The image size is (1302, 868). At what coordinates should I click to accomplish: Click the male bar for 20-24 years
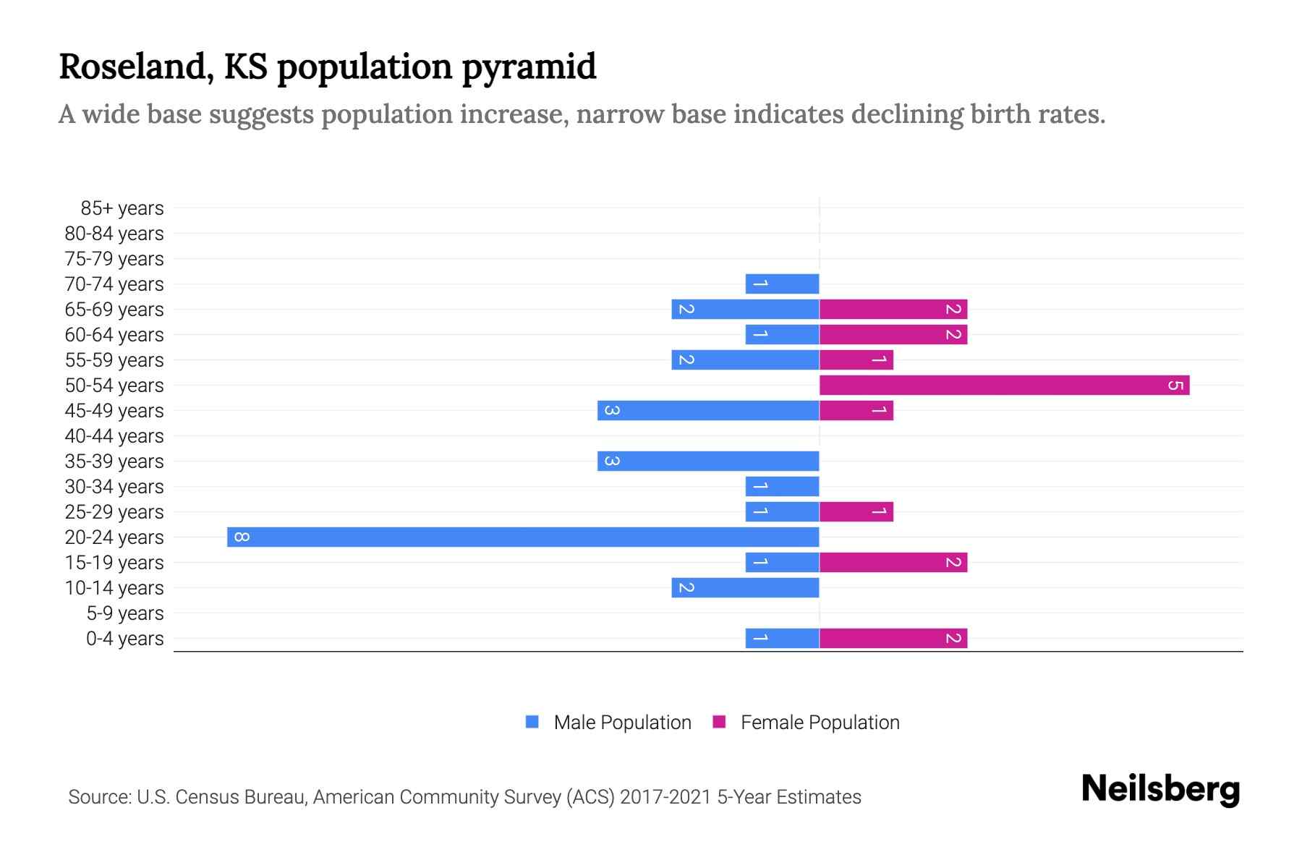click(523, 537)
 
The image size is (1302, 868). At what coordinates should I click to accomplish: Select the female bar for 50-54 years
click(1004, 385)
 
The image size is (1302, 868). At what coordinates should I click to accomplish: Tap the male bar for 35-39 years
click(708, 461)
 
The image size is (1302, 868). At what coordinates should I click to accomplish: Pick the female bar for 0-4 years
click(893, 638)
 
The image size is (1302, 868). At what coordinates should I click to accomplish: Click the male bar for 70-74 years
click(782, 284)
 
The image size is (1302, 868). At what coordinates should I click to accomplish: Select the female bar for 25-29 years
click(856, 511)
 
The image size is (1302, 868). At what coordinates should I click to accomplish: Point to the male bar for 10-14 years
click(745, 587)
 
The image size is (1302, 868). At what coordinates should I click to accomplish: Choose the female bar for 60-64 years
click(893, 334)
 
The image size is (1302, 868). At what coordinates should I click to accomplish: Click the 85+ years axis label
click(122, 208)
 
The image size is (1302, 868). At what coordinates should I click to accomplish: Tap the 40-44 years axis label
click(114, 436)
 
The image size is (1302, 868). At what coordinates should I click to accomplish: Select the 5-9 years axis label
click(125, 613)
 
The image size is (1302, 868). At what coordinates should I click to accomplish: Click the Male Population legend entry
click(608, 722)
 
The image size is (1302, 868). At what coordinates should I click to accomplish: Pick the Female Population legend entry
click(807, 722)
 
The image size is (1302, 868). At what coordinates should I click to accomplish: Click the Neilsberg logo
click(1160, 789)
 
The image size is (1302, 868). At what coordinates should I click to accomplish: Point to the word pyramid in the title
click(529, 67)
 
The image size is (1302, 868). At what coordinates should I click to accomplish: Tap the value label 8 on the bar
click(242, 537)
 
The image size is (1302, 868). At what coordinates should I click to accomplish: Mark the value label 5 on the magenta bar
click(1175, 385)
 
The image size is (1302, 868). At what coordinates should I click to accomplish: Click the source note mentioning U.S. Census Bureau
click(464, 796)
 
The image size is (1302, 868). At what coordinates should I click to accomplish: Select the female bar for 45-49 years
click(856, 410)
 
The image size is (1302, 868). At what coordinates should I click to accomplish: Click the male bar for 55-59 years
click(745, 359)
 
